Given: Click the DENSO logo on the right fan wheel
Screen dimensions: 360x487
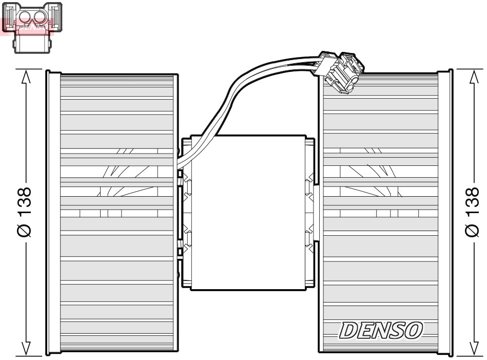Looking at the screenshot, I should tap(380, 330).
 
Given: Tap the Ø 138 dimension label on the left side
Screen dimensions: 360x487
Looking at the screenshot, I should tap(24, 211).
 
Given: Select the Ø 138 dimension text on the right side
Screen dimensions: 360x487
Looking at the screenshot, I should tap(472, 211).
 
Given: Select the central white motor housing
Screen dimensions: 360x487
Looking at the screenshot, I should tap(247, 211).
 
